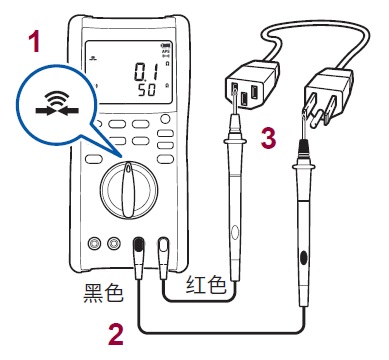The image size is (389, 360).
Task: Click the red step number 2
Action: [x=116, y=333]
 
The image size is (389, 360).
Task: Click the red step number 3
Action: [x=267, y=138]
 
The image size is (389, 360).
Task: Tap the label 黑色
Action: [x=103, y=293]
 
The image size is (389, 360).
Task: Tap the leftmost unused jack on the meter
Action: [x=95, y=243]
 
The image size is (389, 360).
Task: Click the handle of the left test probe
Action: [x=232, y=230]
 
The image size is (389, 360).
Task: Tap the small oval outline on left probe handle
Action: [x=232, y=236]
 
